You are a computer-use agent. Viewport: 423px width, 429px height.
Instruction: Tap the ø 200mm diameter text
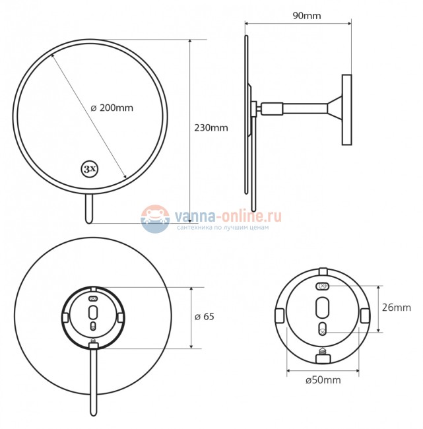tap(112, 108)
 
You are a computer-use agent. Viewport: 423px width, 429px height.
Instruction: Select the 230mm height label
tap(211, 128)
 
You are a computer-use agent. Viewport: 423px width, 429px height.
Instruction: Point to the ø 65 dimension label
tap(204, 317)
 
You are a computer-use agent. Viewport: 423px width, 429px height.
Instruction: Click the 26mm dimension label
tap(397, 308)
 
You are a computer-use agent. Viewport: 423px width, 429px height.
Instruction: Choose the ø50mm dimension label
tap(323, 380)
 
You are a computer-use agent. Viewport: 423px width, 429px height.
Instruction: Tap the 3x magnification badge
tap(90, 168)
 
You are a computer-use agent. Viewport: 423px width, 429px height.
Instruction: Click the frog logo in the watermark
tap(155, 218)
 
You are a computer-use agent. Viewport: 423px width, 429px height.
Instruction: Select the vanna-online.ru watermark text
tap(228, 215)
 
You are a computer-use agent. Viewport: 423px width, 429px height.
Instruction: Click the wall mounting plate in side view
tap(346, 110)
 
